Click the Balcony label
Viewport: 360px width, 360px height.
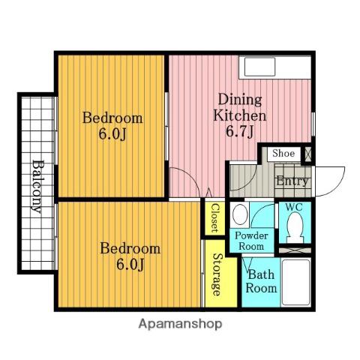tap(37, 187)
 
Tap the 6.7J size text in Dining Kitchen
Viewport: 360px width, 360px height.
tap(240, 131)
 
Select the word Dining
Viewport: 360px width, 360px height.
tap(240, 100)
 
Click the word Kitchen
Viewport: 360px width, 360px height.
tap(240, 115)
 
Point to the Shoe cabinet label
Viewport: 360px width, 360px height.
tap(283, 153)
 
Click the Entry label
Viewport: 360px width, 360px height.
tap(292, 181)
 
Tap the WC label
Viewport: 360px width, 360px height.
tap(294, 207)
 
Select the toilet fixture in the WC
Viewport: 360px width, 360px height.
tap(295, 227)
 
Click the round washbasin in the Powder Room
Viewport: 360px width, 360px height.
tap(240, 214)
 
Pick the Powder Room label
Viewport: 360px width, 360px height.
tap(251, 241)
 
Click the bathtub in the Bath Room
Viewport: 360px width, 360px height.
tap(296, 282)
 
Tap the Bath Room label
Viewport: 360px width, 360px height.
tap(261, 281)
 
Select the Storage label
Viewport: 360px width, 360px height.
tap(217, 274)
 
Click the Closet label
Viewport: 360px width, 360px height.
tap(214, 217)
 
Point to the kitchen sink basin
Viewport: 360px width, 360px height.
tap(259, 67)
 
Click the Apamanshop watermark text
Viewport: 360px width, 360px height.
tap(180, 324)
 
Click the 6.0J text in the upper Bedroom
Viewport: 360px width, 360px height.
tap(113, 134)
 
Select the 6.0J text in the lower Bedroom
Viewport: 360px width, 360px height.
tap(130, 265)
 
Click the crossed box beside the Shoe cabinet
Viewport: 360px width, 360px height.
tap(307, 154)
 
